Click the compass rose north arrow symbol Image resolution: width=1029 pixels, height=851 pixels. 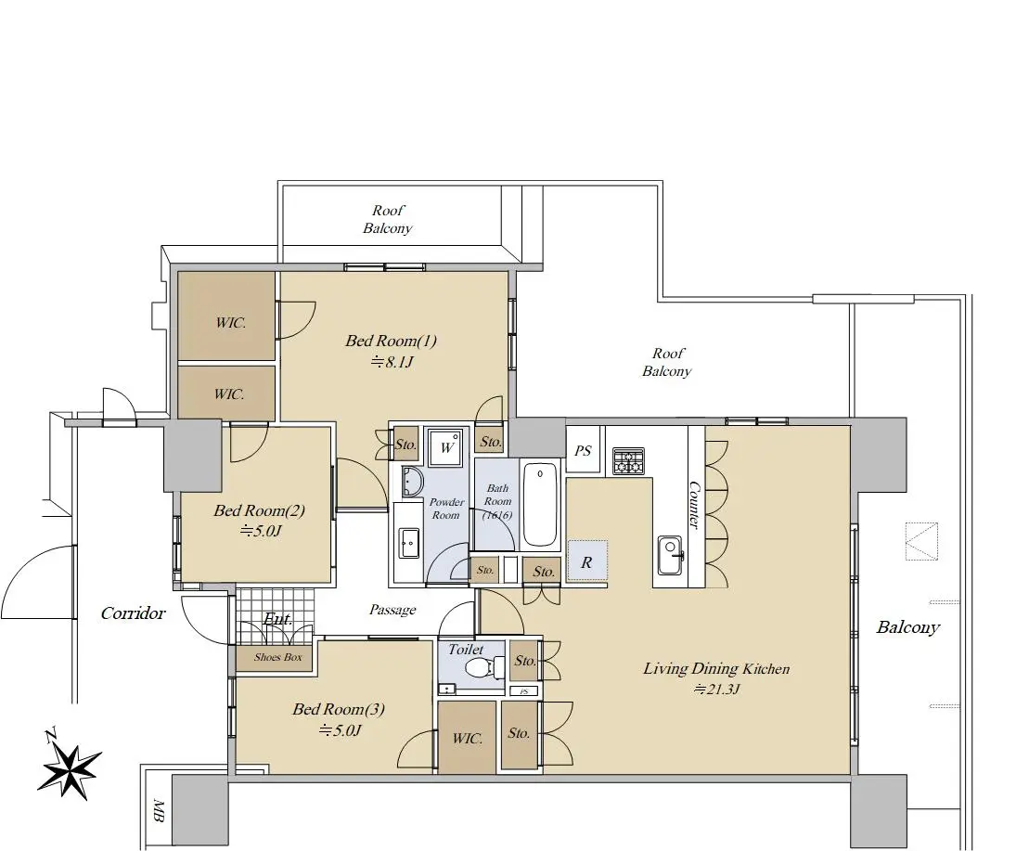(x=69, y=769)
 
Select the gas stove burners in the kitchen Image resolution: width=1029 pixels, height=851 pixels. (x=629, y=460)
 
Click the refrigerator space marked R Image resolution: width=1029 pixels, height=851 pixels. (x=587, y=561)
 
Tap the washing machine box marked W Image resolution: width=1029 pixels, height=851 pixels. (x=447, y=448)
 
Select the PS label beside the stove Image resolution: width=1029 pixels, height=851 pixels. (x=583, y=451)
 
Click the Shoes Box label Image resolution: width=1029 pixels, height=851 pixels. (x=278, y=657)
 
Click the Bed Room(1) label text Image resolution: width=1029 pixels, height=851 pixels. (x=392, y=341)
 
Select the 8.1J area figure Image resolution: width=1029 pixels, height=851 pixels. (x=392, y=362)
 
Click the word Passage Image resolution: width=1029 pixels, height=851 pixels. (x=392, y=611)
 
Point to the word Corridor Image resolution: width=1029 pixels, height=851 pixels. (x=134, y=613)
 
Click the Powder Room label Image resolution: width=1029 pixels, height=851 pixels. (x=447, y=509)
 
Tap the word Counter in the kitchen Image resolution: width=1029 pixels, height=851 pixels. (x=694, y=505)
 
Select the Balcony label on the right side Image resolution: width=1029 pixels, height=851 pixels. (x=908, y=627)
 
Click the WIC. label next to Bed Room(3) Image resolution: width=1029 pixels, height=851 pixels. (x=468, y=738)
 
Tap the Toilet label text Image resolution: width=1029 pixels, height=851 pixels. (x=466, y=650)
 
